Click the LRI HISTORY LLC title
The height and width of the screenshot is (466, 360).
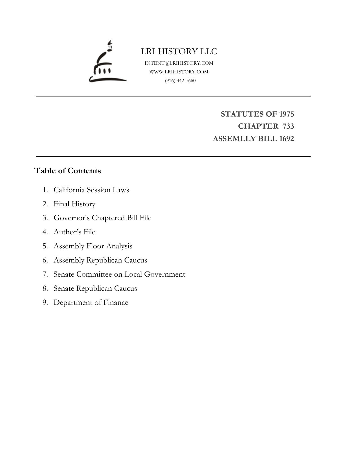(179, 51)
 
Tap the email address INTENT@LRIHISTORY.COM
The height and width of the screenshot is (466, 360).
(179, 63)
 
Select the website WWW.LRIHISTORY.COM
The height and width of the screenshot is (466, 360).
(179, 72)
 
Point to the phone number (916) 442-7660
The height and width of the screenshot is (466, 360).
(180, 80)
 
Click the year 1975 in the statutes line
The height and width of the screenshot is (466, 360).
(286, 114)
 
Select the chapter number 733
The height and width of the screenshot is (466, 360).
(288, 126)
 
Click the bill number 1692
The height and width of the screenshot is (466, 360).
(286, 139)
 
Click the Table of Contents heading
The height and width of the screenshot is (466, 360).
(67, 171)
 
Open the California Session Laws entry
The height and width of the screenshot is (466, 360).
(91, 190)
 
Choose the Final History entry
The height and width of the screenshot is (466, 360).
(74, 204)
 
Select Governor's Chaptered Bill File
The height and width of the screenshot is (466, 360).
(102, 218)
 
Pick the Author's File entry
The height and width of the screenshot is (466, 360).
(74, 232)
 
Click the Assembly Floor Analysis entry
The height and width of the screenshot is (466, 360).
(93, 246)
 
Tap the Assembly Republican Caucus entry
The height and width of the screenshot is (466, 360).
(100, 260)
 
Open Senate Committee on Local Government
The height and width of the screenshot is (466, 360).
(119, 274)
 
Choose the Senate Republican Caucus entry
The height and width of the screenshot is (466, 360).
(95, 288)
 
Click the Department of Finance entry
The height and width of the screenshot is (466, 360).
(91, 302)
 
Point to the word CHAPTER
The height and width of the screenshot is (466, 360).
(258, 126)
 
